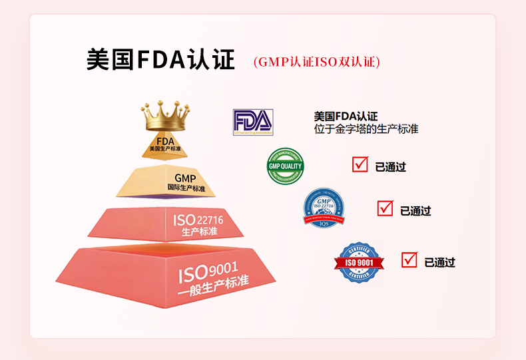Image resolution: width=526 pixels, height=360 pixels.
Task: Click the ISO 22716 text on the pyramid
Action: (198, 220)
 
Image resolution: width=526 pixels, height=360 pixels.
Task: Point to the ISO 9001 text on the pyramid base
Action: (207, 271)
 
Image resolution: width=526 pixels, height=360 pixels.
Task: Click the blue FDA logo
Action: (252, 122)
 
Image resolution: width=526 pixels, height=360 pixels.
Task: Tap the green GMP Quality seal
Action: (285, 166)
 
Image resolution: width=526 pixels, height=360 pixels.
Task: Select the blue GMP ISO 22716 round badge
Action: (324, 206)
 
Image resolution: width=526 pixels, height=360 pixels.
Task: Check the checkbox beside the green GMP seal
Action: (360, 164)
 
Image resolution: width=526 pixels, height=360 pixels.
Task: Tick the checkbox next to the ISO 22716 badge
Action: (385, 208)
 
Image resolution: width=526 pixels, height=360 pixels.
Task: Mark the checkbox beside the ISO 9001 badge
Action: (409, 260)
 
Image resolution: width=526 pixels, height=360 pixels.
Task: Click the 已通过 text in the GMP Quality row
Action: (391, 167)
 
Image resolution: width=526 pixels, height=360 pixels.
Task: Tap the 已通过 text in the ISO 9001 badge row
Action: (439, 262)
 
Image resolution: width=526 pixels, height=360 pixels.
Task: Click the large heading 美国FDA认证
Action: (160, 59)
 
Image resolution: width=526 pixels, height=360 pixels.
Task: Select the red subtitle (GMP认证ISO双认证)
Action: (316, 62)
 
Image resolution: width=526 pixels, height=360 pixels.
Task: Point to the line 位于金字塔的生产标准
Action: (366, 129)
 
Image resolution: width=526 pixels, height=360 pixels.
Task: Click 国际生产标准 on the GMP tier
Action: (186, 189)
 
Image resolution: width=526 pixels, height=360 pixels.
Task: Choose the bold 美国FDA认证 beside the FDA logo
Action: (346, 116)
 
